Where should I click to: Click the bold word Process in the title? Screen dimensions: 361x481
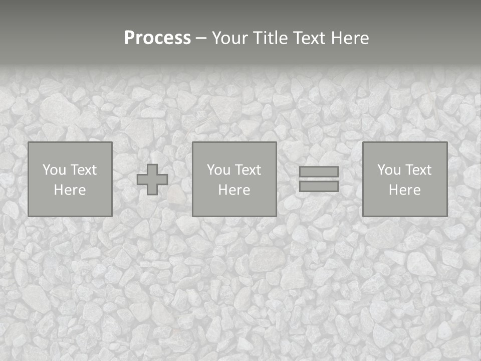tap(157, 38)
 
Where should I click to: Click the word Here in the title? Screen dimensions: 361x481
tap(351, 38)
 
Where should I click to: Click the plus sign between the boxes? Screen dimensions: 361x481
tap(152, 179)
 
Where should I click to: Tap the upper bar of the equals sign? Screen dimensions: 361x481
tap(319, 172)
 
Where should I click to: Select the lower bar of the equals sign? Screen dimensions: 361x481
tap(319, 187)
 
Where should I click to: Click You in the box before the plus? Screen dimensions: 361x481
tap(55, 170)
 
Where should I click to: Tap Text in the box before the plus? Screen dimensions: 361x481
tap(83, 170)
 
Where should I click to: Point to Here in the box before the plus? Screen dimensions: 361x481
tap(70, 190)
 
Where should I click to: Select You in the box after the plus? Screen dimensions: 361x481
tap(219, 170)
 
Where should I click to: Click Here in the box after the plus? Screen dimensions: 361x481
tap(234, 190)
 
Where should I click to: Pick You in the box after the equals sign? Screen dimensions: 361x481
tap(389, 170)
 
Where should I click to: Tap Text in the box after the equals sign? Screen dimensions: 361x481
tap(418, 170)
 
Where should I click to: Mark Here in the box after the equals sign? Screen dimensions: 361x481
tap(405, 190)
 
